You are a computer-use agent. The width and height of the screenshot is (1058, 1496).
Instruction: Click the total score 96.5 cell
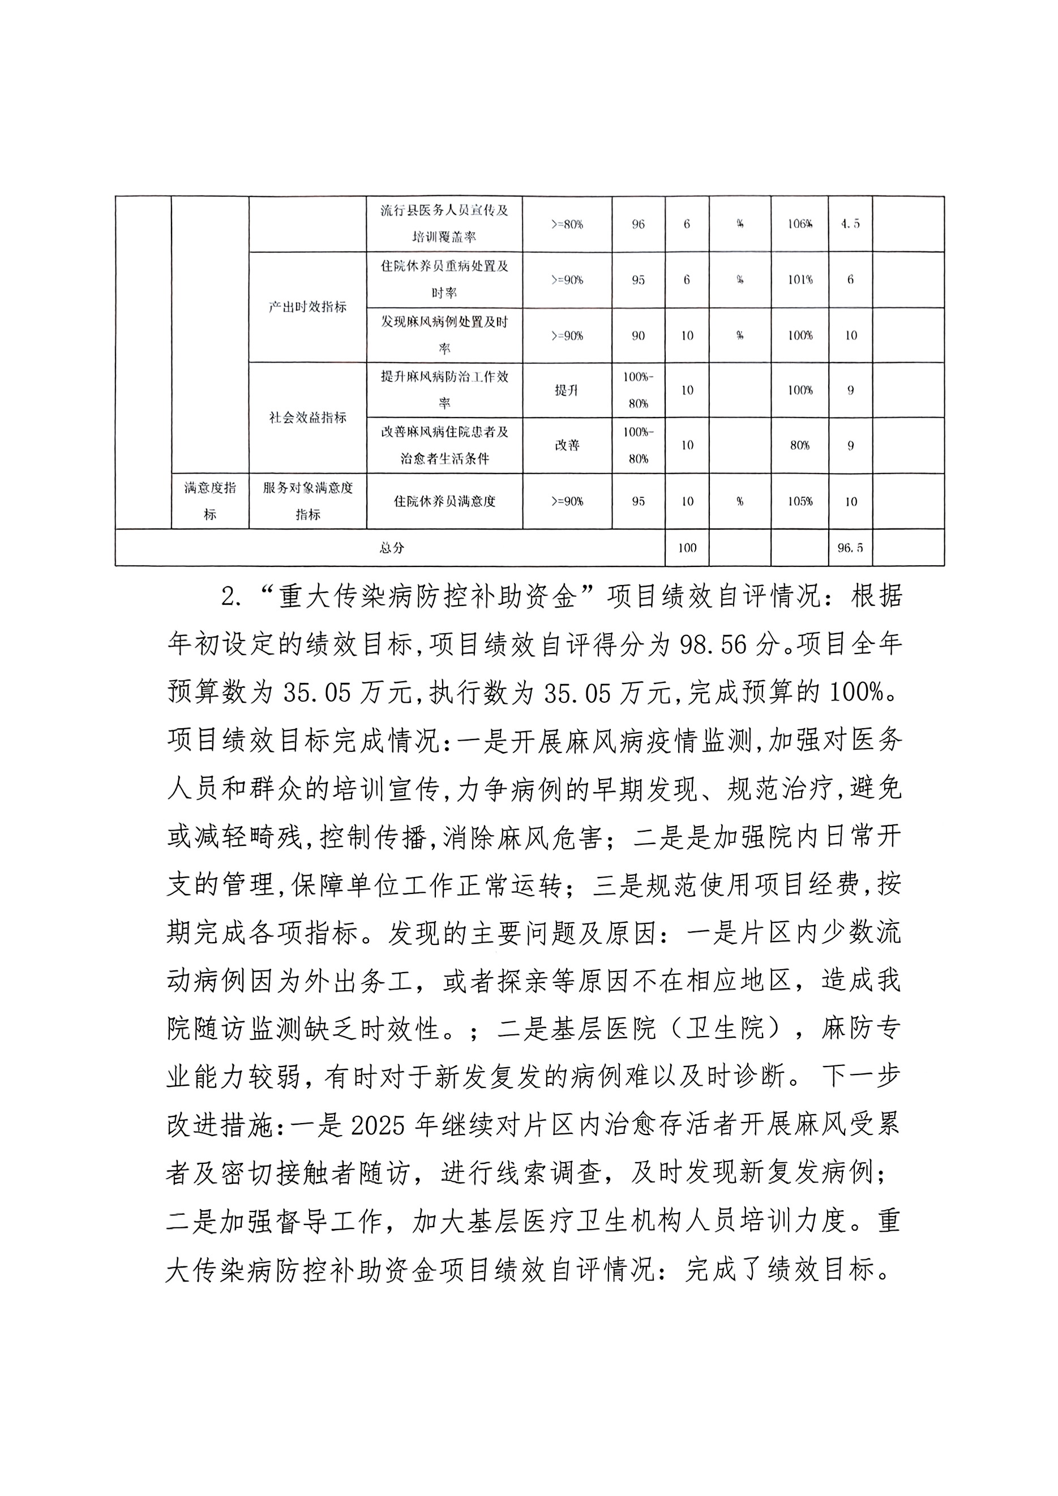(x=850, y=548)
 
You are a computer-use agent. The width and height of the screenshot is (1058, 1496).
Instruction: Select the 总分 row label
(x=391, y=548)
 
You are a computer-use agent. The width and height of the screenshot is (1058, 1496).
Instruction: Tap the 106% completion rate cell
(x=800, y=224)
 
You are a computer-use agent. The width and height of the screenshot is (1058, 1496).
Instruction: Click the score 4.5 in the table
(x=850, y=224)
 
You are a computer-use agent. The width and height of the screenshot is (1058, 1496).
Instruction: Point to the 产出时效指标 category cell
(x=308, y=307)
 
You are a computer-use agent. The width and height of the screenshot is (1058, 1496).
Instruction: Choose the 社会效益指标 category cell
(x=308, y=418)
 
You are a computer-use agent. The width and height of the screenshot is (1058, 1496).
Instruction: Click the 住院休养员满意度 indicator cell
(x=444, y=501)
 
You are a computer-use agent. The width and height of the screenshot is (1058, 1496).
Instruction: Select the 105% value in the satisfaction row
(x=800, y=501)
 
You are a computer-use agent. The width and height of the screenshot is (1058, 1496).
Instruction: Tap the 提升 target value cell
(x=567, y=390)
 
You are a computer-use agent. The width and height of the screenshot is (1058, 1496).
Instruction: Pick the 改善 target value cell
(x=567, y=446)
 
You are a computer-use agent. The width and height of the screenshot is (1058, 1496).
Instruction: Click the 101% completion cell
(x=800, y=280)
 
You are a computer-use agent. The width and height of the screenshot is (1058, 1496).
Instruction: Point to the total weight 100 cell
(x=687, y=548)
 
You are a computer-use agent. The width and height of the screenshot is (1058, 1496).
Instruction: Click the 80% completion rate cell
(x=800, y=446)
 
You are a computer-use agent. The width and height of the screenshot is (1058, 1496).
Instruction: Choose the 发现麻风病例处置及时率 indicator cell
(x=444, y=335)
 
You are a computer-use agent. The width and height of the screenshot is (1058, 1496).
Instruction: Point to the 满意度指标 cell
(x=210, y=501)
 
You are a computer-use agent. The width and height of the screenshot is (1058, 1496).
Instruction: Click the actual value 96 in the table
(x=638, y=224)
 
